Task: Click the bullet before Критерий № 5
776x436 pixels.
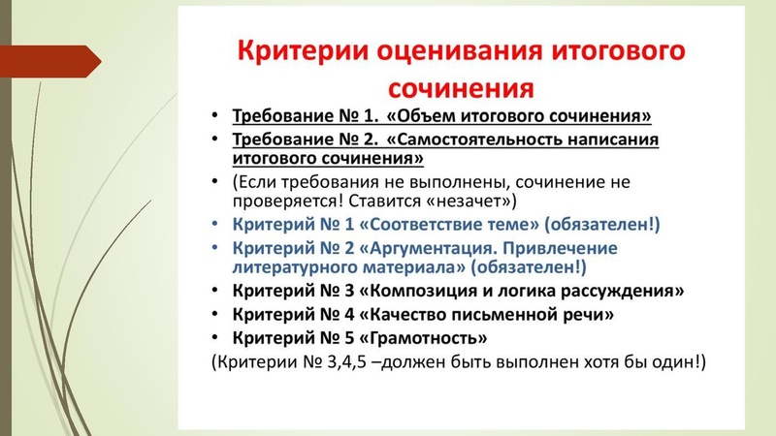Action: click(x=214, y=340)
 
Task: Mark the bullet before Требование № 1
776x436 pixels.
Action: click(x=214, y=116)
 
